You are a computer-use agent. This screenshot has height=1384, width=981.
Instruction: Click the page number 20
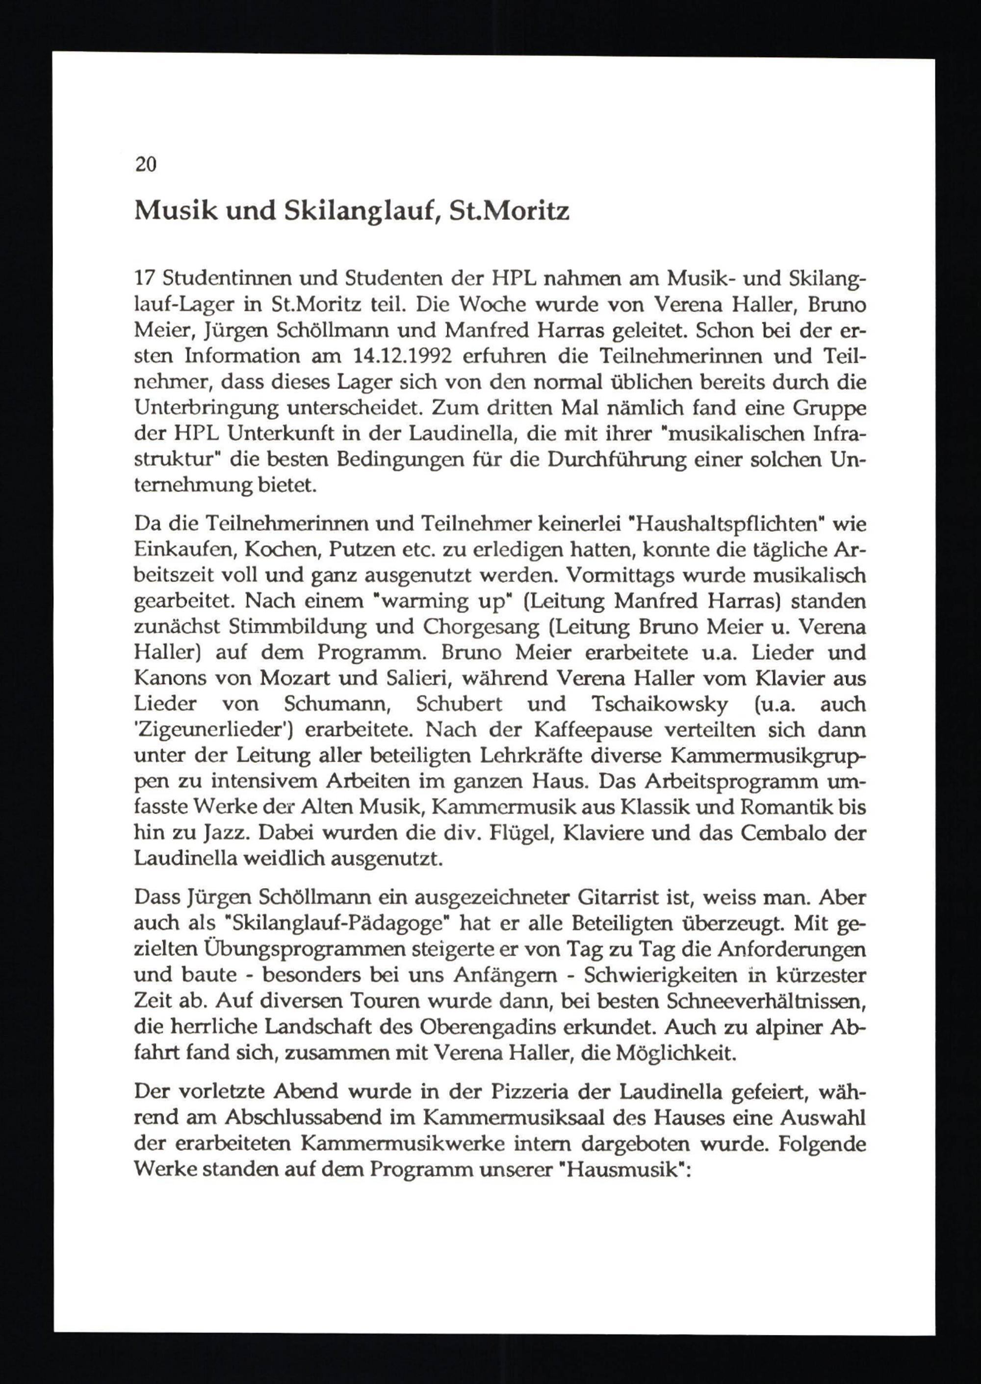click(146, 164)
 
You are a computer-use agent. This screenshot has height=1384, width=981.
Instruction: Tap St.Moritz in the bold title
click(509, 211)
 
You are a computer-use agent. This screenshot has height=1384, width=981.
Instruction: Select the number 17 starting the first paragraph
click(145, 280)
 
